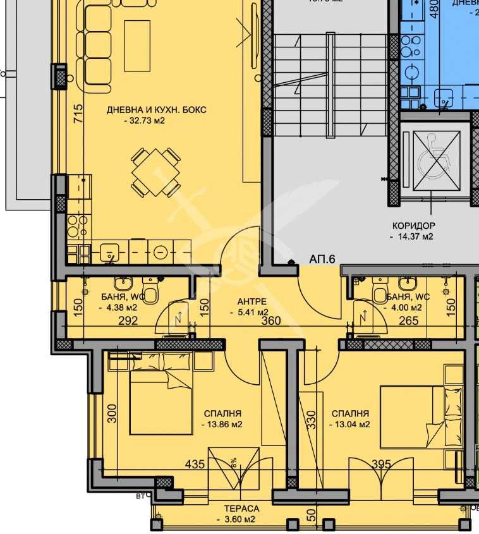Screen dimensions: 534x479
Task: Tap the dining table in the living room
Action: pos(156,173)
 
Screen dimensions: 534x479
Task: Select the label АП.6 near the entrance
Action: pos(322,259)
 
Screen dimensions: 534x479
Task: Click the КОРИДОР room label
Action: pos(413,226)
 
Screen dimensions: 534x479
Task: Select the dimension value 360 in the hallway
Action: pos(270,321)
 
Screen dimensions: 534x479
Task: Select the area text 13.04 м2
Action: pos(349,424)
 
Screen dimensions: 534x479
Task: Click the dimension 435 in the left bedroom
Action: pos(194,464)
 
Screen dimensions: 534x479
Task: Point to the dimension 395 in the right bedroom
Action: pos(381,464)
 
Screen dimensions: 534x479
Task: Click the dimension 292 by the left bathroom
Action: pos(128,321)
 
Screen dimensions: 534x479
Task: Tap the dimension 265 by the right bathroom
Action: pos(409,321)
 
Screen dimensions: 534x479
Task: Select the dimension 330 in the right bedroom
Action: pos(310,420)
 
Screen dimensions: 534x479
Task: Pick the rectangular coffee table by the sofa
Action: pos(137,46)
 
